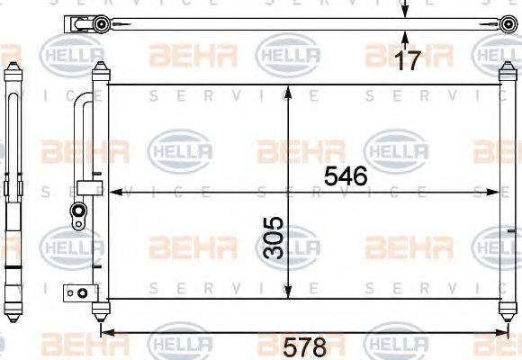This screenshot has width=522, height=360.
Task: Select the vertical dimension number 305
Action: tap(274, 237)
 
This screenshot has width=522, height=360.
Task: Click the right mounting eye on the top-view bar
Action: tap(508, 24)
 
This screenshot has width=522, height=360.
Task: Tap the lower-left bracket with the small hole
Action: tap(78, 291)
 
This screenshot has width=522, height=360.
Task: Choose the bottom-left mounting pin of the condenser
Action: tap(100, 310)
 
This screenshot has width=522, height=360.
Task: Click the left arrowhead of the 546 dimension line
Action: tap(113, 191)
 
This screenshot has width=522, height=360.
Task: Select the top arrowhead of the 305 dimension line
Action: tap(287, 91)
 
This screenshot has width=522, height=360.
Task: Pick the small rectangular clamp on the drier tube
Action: tap(87, 187)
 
